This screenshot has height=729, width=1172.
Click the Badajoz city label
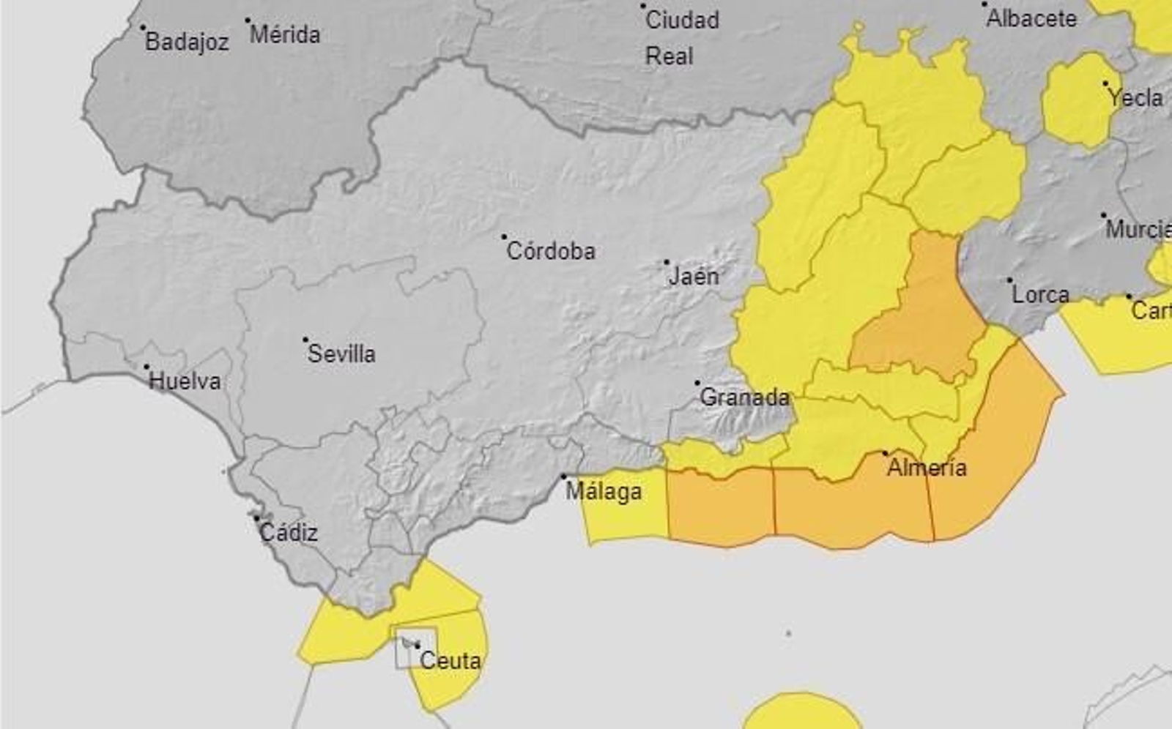click(x=187, y=42)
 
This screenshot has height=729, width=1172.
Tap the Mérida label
click(x=285, y=34)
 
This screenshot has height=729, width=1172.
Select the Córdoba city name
click(x=551, y=251)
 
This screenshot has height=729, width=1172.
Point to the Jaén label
click(x=694, y=276)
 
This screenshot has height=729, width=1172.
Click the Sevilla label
click(x=341, y=354)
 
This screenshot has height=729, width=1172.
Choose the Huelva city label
click(x=185, y=381)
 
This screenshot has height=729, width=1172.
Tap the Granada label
click(x=744, y=397)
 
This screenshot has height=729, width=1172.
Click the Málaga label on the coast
click(x=604, y=491)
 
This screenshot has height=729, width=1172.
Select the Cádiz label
click(x=289, y=532)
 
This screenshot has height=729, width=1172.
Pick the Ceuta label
click(x=450, y=660)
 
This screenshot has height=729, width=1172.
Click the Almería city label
click(x=927, y=467)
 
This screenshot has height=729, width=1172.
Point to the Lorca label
click(x=1040, y=294)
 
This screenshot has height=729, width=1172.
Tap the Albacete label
click(x=1031, y=18)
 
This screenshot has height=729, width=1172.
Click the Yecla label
click(x=1135, y=97)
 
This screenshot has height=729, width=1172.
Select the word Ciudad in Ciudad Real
click(x=681, y=20)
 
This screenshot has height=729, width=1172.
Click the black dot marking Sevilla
click(x=305, y=340)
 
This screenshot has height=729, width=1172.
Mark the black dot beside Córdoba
click(x=504, y=237)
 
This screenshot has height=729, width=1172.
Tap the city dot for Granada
click(x=697, y=383)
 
